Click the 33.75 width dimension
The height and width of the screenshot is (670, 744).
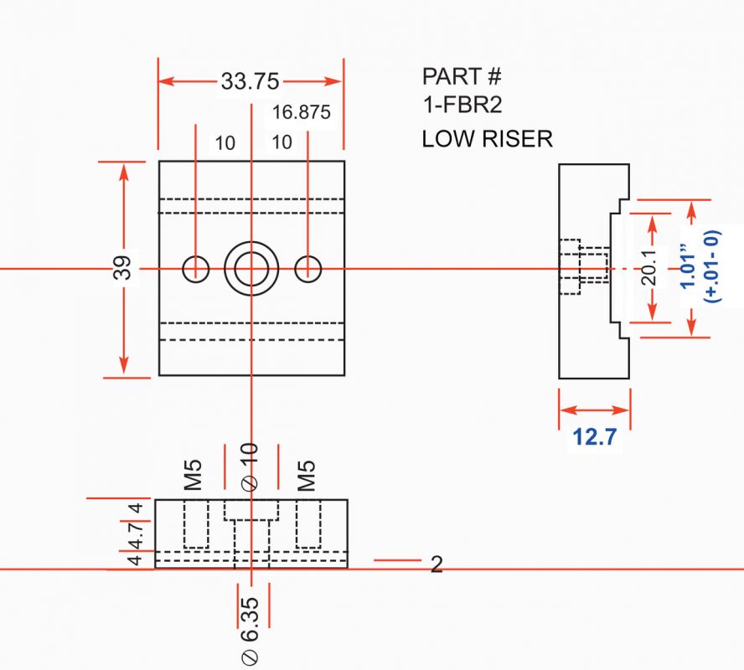[250, 81]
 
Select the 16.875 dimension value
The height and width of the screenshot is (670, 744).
[302, 112]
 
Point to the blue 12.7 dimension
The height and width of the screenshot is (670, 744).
[595, 437]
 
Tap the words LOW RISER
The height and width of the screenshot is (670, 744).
[487, 138]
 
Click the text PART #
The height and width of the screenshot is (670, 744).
[461, 77]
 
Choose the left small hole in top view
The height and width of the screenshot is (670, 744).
[196, 268]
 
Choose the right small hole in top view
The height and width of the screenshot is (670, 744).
[308, 268]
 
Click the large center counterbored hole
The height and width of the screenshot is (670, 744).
[251, 269]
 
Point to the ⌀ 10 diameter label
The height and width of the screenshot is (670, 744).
[251, 466]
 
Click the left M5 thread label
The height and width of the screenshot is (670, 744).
[194, 474]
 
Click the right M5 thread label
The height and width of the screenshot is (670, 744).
[307, 474]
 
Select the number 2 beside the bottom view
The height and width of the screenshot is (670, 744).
[436, 564]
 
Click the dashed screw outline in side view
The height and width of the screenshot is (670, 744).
[582, 268]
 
